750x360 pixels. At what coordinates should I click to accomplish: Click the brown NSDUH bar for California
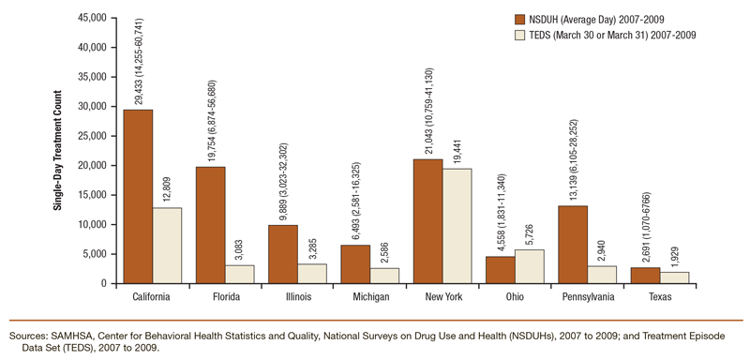tap(138, 196)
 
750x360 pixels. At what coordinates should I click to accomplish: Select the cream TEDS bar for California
tap(167, 245)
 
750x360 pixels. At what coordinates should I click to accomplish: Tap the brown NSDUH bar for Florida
tap(210, 225)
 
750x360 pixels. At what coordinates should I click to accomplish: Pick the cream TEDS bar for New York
tap(457, 226)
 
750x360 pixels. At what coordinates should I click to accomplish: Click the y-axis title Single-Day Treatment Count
tap(55, 150)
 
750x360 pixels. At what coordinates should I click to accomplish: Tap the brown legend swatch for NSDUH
tap(521, 19)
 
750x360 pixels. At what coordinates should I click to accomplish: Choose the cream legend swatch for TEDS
tap(521, 35)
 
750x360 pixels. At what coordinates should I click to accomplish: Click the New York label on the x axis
tap(442, 297)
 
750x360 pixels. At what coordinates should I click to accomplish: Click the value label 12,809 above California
tap(167, 187)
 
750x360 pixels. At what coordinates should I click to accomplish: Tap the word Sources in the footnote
tap(28, 335)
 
